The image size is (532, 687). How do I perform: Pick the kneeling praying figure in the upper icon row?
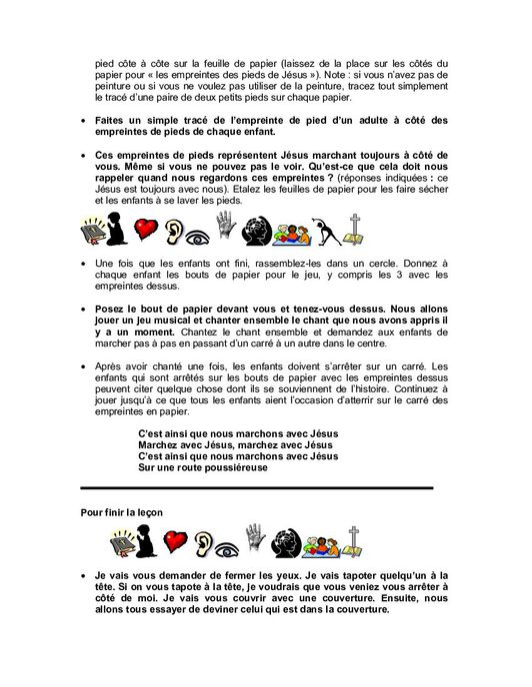pos(121,232)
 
